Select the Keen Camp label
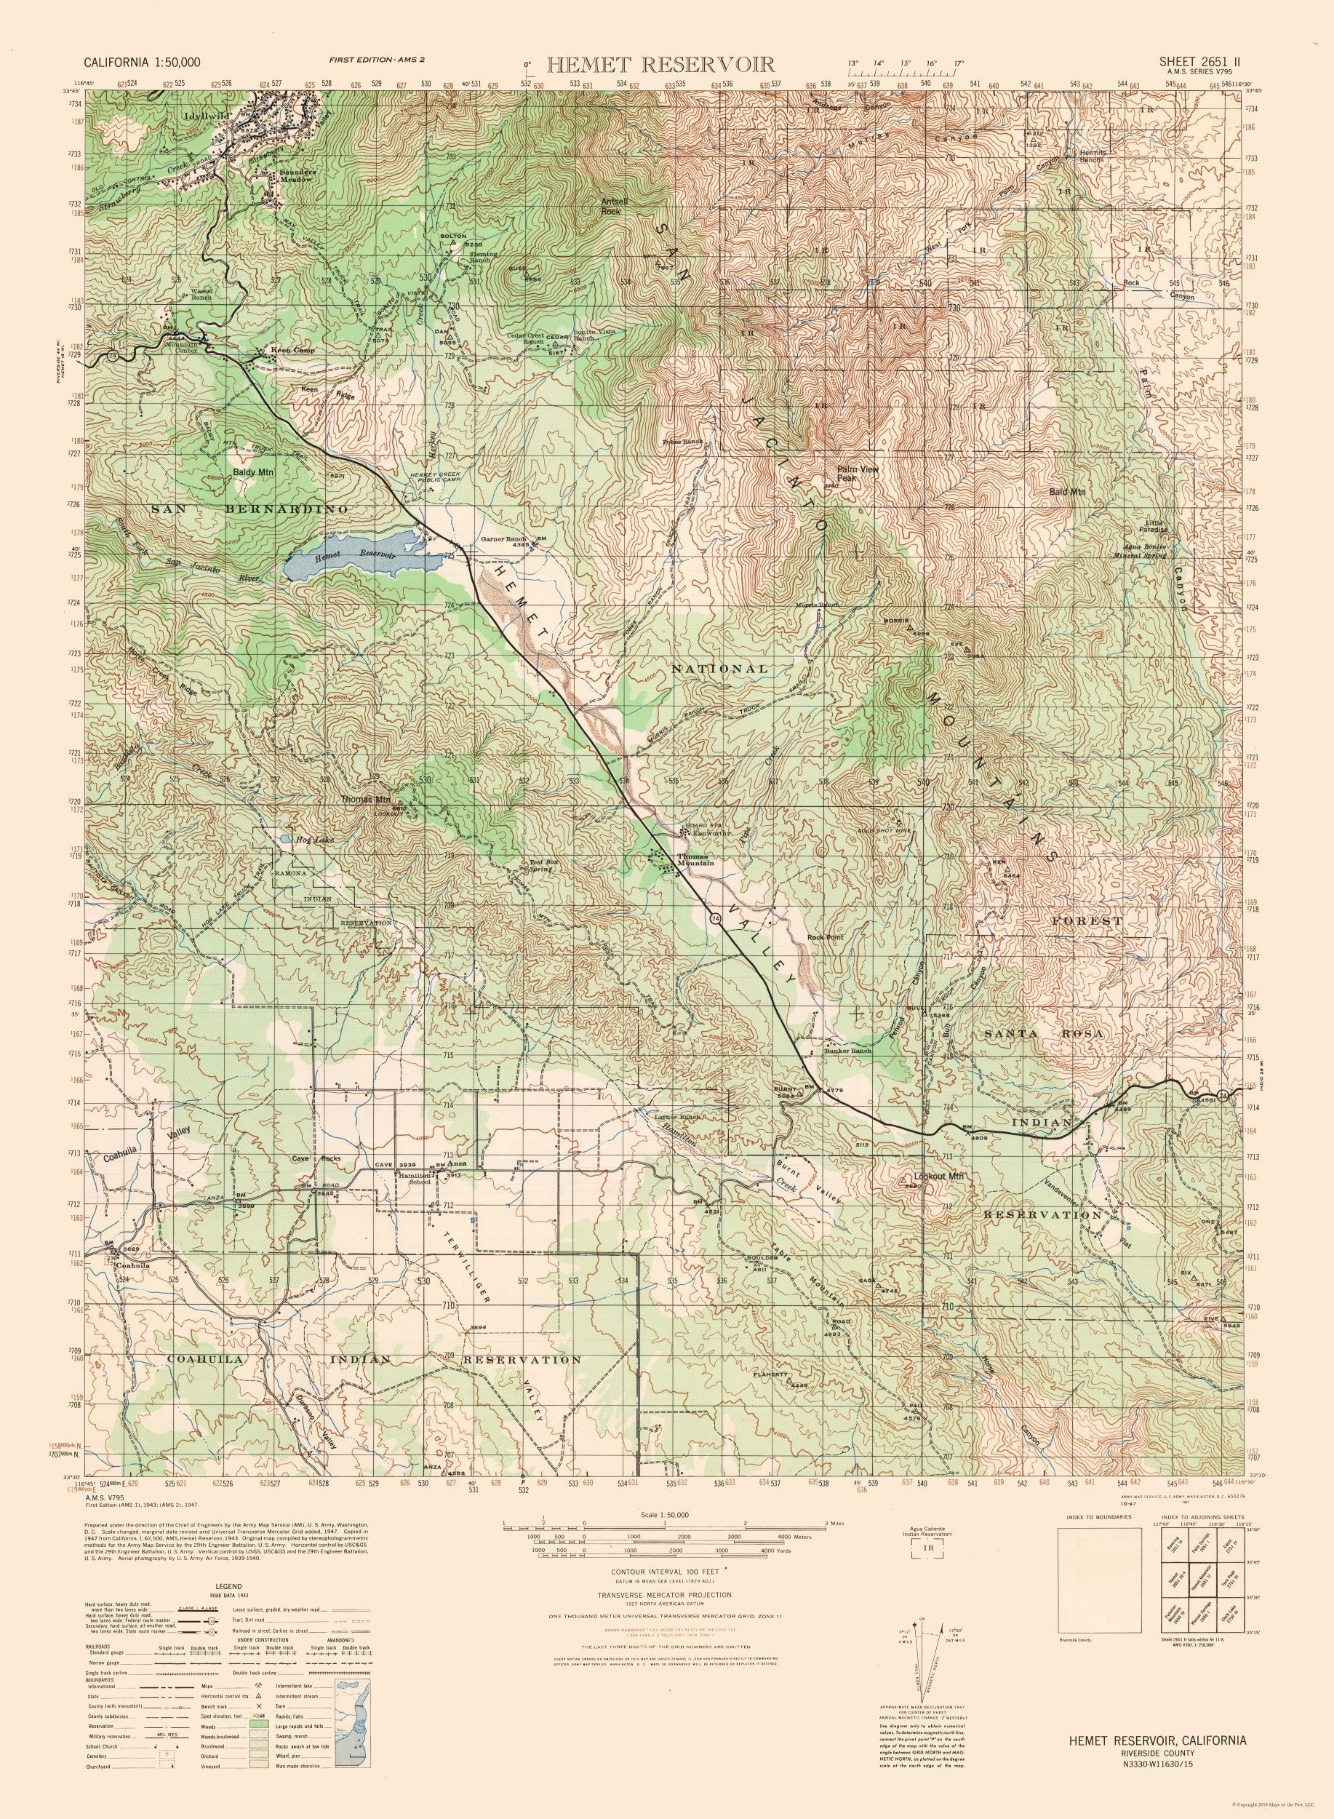pos(289,352)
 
